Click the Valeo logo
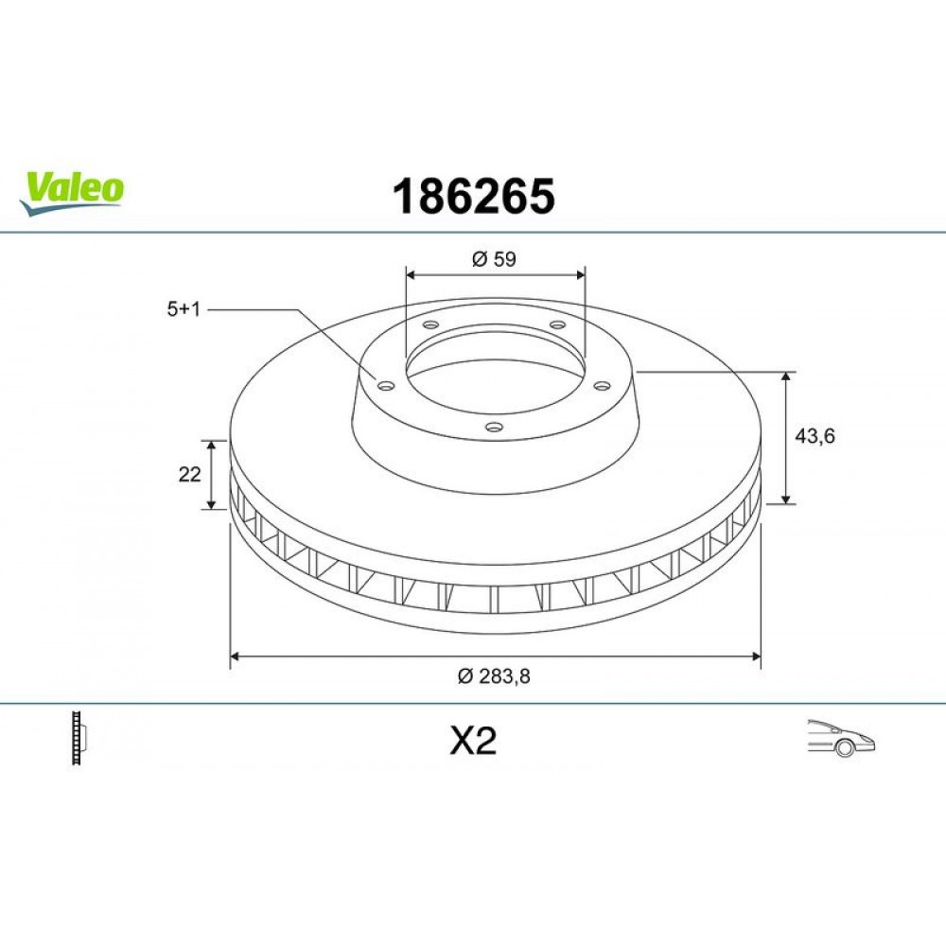click(x=72, y=189)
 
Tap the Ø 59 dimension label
click(x=493, y=258)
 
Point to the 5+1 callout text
click(x=183, y=309)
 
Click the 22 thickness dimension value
click(x=189, y=475)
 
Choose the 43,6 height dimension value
click(x=815, y=436)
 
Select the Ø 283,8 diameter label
click(x=493, y=675)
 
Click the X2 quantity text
click(x=473, y=742)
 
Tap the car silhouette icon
click(x=840, y=738)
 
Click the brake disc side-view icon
click(x=79, y=738)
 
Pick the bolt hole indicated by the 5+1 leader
click(x=385, y=384)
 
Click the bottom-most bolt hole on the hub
click(x=492, y=427)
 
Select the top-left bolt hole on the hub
click(x=430, y=325)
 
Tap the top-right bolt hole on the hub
click(x=557, y=325)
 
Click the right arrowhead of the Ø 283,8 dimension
click(x=756, y=655)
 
